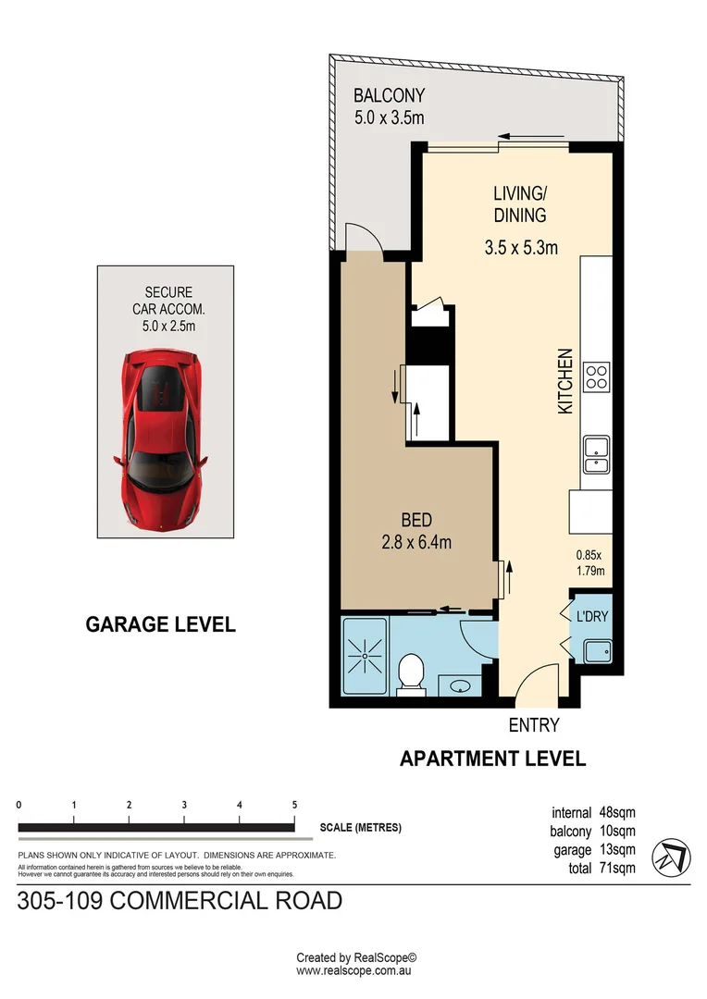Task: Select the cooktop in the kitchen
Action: (597, 377)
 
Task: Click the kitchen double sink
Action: (595, 453)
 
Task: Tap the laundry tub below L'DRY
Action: (596, 651)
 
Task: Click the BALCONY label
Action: (389, 95)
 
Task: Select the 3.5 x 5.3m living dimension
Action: (520, 248)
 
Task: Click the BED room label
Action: (416, 521)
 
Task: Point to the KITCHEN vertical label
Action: (565, 380)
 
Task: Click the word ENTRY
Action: (534, 725)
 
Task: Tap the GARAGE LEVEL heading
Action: (160, 624)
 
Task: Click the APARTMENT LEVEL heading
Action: (492, 758)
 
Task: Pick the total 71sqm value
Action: (615, 869)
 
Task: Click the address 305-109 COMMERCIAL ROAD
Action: (180, 900)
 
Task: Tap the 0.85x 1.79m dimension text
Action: (589, 562)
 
